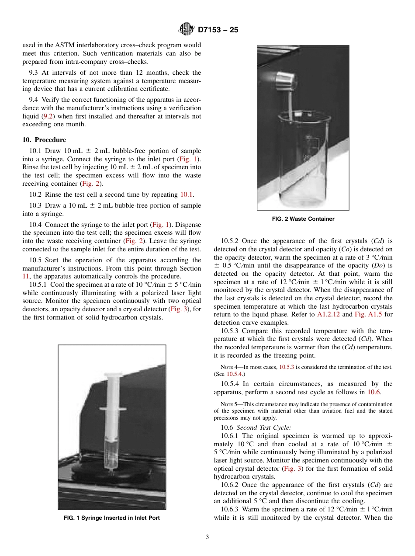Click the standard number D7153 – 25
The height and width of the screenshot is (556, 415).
218,30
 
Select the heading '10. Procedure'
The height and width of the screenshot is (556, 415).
44,140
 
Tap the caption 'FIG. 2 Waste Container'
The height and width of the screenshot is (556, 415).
303,219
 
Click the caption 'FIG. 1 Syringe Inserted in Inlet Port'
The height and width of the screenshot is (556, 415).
112,518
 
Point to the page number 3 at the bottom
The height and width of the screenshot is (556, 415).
207,537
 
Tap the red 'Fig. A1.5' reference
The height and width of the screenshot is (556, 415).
368,314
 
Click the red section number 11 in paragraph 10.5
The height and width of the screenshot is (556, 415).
25,276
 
